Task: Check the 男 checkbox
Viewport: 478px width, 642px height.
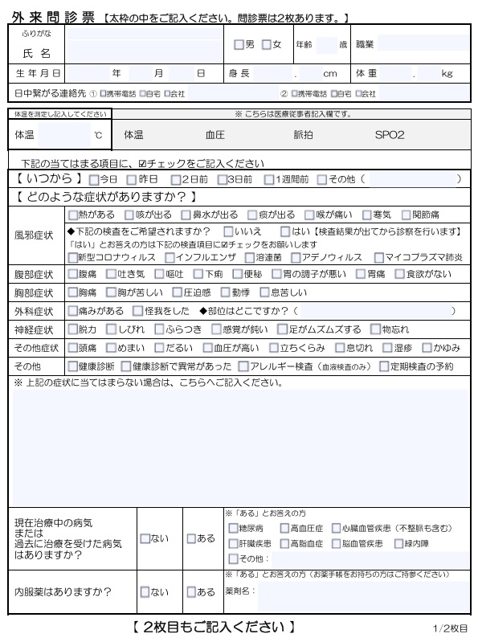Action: (238, 44)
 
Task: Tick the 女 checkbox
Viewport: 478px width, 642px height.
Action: (267, 44)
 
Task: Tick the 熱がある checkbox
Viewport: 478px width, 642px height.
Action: (73, 215)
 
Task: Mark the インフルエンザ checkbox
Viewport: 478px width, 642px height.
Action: (170, 257)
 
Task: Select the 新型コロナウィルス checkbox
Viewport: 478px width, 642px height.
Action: (73, 257)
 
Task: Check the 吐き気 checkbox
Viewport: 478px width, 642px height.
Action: (112, 274)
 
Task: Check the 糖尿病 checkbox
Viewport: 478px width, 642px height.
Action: (233, 528)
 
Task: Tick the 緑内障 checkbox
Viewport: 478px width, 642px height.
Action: (399, 543)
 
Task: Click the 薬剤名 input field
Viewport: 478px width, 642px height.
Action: (362, 592)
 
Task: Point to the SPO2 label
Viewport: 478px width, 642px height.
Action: (390, 136)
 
